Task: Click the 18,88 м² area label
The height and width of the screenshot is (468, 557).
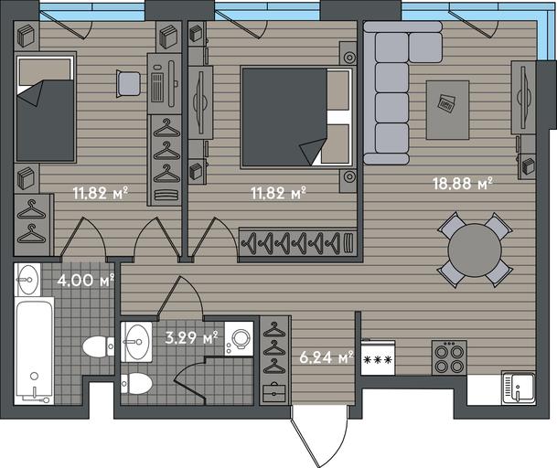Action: tap(463, 183)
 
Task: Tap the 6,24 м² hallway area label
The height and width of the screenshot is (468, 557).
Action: tap(327, 356)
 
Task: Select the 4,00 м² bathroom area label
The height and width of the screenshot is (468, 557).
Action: tap(86, 280)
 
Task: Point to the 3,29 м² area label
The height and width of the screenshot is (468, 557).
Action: tap(192, 337)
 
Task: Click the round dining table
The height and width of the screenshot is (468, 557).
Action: tap(475, 250)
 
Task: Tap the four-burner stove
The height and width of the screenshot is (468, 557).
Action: tap(449, 357)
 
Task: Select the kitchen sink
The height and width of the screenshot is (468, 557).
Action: tap(519, 388)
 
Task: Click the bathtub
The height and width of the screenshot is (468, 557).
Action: tap(35, 351)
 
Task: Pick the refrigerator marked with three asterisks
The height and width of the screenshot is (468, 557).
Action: tap(378, 357)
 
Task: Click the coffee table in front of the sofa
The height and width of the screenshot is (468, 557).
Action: tap(447, 110)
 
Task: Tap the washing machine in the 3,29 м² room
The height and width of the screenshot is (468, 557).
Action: tap(239, 339)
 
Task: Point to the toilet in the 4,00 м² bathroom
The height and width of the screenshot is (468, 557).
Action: tap(99, 346)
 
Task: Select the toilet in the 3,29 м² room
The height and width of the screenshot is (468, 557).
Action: tap(136, 384)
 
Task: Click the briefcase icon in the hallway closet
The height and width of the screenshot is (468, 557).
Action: tap(274, 392)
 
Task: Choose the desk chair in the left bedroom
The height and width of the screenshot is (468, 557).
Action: tap(128, 84)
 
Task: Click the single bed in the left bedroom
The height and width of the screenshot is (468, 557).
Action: tap(45, 108)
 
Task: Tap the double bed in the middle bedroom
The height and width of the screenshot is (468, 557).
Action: tap(297, 117)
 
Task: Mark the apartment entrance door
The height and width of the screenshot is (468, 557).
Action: tap(319, 436)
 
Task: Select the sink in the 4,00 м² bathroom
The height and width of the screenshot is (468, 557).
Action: tap(27, 280)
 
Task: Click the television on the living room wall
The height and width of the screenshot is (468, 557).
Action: tap(523, 97)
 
